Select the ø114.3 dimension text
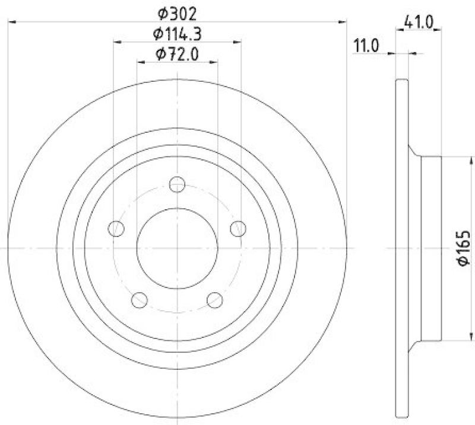[177, 34]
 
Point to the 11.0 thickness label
[366, 46]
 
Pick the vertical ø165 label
[464, 248]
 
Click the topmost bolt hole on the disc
[177, 184]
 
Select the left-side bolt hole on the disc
[117, 228]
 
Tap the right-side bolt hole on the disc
[237, 228]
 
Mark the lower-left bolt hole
[140, 299]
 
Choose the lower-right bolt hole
[214, 299]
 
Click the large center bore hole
[177, 247]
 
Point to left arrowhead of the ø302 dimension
[12, 22]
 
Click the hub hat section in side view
[431, 247]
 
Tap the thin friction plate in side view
[402, 247]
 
